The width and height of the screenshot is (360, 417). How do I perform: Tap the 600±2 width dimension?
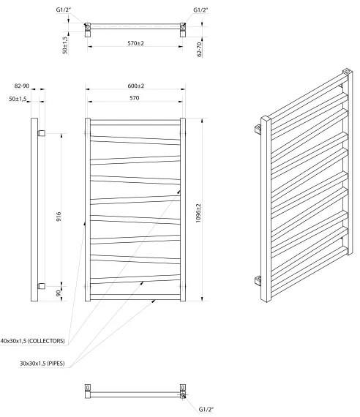tap(135, 86)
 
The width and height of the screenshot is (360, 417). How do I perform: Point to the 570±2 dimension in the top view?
tap(135, 43)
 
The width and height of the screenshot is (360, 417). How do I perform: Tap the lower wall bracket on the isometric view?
tap(257, 279)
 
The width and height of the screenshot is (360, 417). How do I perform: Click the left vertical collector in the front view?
tap(88, 210)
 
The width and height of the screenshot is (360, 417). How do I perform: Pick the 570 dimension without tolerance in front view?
tap(135, 97)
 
